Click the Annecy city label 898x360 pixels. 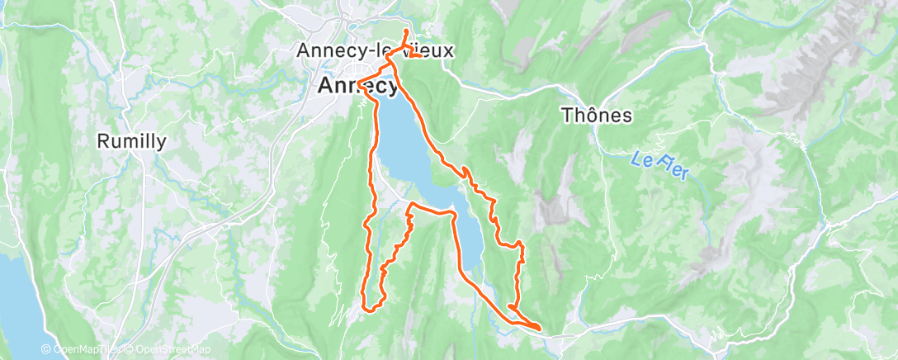(x=357, y=85)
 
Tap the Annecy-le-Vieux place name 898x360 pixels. (x=375, y=50)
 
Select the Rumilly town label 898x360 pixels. (x=131, y=141)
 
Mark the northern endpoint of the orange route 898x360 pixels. (x=406, y=31)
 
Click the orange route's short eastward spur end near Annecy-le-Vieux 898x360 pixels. (x=422, y=56)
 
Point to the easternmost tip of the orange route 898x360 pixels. (x=541, y=328)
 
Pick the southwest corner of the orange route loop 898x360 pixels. (x=364, y=308)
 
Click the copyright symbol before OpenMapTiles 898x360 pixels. (x=46, y=349)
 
